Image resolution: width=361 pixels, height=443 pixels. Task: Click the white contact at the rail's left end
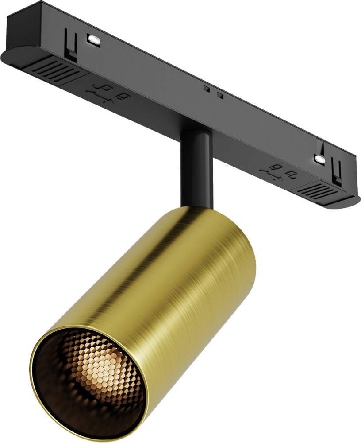coord(94,39)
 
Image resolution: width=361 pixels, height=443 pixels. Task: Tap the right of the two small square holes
coord(219,95)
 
